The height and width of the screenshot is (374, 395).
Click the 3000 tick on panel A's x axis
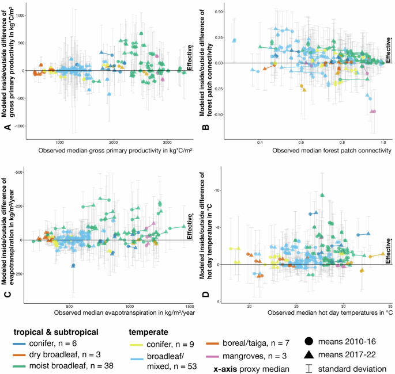(167, 142)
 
